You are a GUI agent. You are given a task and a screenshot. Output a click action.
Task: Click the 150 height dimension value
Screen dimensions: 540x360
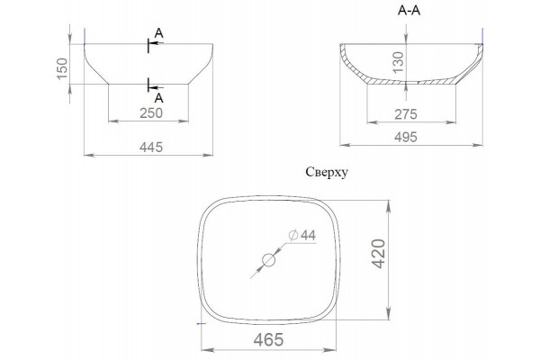[x=62, y=68]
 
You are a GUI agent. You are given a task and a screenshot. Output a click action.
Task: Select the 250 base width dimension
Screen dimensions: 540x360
[x=151, y=113]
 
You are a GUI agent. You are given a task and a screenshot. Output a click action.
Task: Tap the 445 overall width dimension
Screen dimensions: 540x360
[x=151, y=147]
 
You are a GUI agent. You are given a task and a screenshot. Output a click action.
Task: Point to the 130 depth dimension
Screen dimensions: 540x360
[x=398, y=62]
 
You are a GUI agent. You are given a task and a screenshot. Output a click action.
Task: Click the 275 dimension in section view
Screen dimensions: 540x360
[x=406, y=114]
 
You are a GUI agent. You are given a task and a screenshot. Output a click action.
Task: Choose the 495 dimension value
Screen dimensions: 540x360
[x=406, y=137]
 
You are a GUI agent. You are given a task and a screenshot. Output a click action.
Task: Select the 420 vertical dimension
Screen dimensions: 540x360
[x=379, y=254]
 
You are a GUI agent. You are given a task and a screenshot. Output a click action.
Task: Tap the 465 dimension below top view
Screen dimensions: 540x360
[x=268, y=339]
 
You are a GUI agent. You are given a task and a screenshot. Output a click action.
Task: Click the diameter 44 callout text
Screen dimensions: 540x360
[x=302, y=235]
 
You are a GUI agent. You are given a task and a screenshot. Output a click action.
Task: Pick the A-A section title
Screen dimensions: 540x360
[x=409, y=11]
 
